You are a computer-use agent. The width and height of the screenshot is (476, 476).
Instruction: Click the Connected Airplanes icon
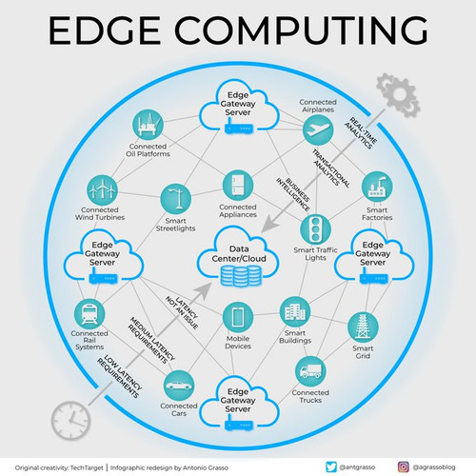pos(318,130)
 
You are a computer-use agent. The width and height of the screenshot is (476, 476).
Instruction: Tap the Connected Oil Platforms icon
pos(148,125)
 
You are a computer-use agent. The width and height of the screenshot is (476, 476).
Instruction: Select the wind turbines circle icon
pos(102,190)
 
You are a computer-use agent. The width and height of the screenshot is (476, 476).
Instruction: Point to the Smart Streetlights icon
pos(176,199)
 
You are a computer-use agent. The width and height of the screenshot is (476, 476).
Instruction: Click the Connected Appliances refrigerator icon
pos(238,186)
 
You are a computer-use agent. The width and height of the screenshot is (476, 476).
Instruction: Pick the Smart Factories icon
pos(377,187)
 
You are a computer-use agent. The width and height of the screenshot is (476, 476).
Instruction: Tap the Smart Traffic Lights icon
pos(315,229)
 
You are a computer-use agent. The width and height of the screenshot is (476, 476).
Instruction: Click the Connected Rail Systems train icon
pos(89,314)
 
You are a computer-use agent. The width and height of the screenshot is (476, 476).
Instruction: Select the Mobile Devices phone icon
pos(238,317)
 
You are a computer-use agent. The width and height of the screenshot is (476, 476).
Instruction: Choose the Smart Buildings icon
pos(295,312)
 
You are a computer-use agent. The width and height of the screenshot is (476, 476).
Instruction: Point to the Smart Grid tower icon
pos(363,327)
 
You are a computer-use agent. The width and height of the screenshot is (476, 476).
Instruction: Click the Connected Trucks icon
pos(310,371)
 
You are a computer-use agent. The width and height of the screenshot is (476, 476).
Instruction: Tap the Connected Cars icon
pos(179,386)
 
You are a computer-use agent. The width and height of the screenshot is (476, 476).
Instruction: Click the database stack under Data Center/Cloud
pos(241,276)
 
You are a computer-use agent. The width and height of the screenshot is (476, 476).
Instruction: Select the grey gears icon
pos(398,95)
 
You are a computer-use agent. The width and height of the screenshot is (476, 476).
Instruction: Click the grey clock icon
pos(70,421)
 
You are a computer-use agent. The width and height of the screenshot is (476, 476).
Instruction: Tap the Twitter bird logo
pos(331,467)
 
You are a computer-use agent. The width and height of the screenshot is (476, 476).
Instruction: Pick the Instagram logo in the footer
pos(404,467)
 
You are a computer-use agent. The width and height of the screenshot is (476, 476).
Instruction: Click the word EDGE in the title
pos(104,30)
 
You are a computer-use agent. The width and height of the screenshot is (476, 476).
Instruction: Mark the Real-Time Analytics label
pos(361,133)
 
